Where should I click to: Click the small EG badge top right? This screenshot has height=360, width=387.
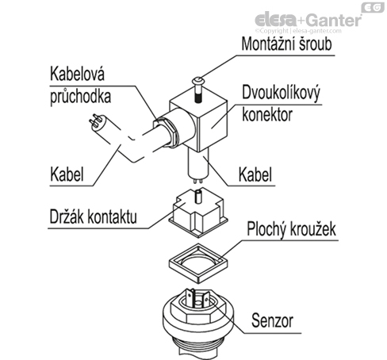point(370,7)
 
